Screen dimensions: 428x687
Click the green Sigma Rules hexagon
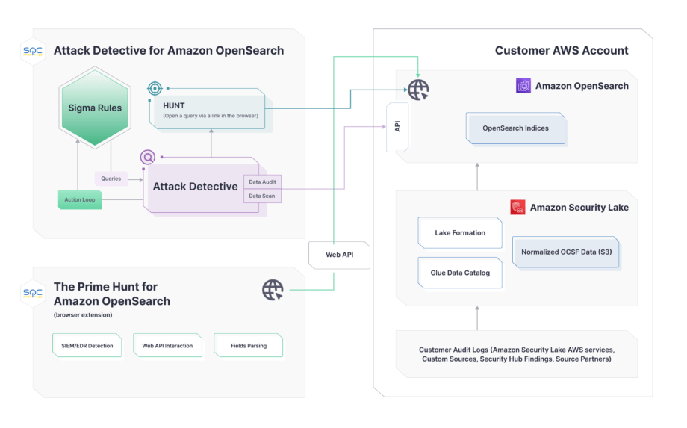pyautogui.click(x=95, y=108)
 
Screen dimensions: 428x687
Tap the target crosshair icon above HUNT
pyautogui.click(x=155, y=89)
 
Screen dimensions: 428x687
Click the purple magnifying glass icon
pyautogui.click(x=147, y=157)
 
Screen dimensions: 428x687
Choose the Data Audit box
pyautogui.click(x=262, y=182)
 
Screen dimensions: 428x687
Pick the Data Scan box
pyautogui.click(x=262, y=196)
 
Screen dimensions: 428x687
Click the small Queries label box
pyautogui.click(x=111, y=179)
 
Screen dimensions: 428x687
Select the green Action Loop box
pyautogui.click(x=79, y=199)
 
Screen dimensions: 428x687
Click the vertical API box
pyautogui.click(x=397, y=126)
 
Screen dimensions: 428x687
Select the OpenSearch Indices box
pyautogui.click(x=515, y=128)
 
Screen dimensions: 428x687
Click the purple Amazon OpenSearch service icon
pyautogui.click(x=523, y=86)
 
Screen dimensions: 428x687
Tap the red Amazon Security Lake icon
pyautogui.click(x=517, y=207)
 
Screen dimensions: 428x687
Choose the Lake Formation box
pyautogui.click(x=460, y=233)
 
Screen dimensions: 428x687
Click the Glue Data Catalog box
pyautogui.click(x=460, y=273)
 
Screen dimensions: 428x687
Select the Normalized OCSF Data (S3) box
pyautogui.click(x=566, y=252)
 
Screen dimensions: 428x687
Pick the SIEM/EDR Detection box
pyautogui.click(x=87, y=346)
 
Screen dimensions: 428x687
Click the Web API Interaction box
pyautogui.click(x=167, y=346)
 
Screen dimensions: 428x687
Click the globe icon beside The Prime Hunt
pyautogui.click(x=273, y=290)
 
